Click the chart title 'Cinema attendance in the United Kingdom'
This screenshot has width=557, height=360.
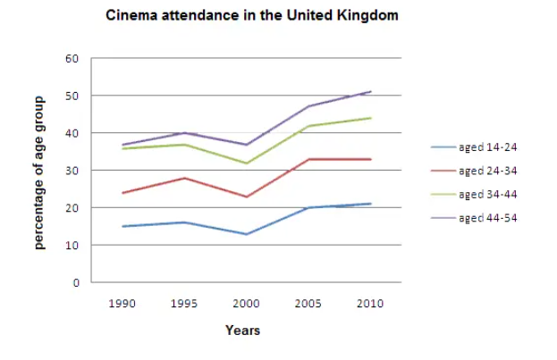(x=252, y=16)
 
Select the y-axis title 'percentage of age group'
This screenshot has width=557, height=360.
(x=40, y=170)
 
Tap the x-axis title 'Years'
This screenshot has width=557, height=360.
(x=243, y=331)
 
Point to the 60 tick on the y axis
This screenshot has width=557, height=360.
(x=72, y=59)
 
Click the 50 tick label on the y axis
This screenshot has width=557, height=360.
(x=72, y=96)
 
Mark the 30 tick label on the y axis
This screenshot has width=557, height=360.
(x=72, y=171)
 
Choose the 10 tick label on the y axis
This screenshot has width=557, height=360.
(x=72, y=245)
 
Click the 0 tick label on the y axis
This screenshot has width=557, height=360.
(x=76, y=282)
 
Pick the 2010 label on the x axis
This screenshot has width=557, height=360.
(x=369, y=304)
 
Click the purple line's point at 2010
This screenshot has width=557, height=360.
(x=370, y=91)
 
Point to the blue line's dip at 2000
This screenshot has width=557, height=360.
(x=246, y=234)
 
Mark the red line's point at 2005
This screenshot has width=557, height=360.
(x=308, y=159)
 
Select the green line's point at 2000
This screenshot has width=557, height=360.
(x=246, y=163)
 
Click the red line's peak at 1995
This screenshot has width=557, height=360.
(x=184, y=178)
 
